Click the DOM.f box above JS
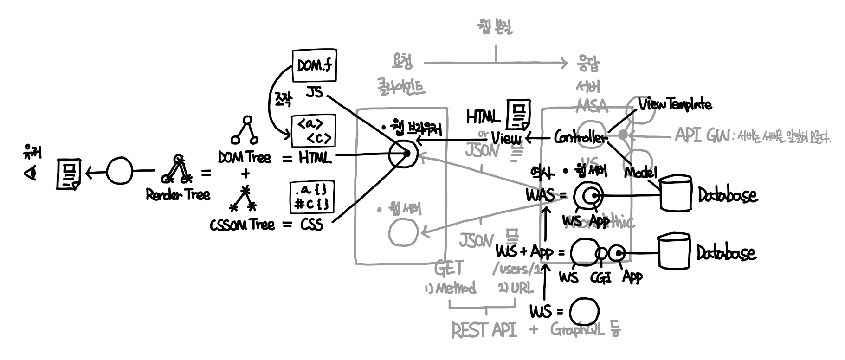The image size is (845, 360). (x=314, y=65)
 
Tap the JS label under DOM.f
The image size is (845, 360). (x=314, y=92)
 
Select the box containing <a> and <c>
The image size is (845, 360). (x=313, y=130)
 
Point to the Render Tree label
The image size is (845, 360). (x=178, y=195)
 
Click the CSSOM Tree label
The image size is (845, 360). (x=242, y=225)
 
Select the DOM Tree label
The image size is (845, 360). (x=244, y=158)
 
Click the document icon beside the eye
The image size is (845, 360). (x=68, y=174)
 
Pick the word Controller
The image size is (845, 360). (x=580, y=138)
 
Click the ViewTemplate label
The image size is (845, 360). (x=675, y=104)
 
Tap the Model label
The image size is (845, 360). (x=640, y=173)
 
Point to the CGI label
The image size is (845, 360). (x=601, y=277)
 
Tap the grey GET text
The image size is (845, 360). (x=449, y=268)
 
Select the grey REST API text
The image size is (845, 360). (x=484, y=330)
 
